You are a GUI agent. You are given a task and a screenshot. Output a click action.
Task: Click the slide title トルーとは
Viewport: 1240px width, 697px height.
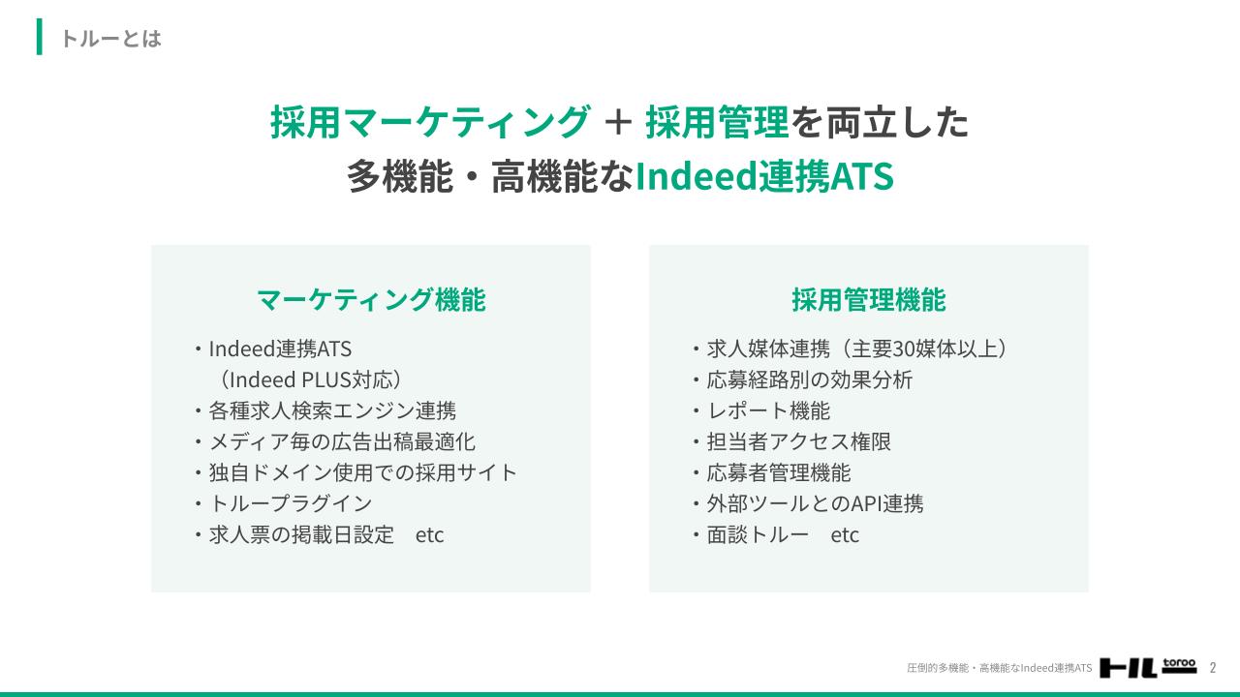click(x=111, y=38)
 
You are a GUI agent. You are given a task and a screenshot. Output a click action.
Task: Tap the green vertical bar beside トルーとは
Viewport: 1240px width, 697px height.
click(x=40, y=37)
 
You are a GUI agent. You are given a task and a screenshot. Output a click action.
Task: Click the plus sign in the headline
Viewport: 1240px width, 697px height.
click(x=618, y=122)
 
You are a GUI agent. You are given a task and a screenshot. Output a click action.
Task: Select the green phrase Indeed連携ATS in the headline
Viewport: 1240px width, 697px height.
click(x=764, y=176)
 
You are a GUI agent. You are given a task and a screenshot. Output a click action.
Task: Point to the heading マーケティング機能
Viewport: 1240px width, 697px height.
click(x=371, y=300)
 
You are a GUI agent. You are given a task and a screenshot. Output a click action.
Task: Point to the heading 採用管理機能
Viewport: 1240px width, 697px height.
click(x=869, y=300)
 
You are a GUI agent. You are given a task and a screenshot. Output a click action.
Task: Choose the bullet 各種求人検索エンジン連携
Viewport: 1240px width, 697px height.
click(x=332, y=411)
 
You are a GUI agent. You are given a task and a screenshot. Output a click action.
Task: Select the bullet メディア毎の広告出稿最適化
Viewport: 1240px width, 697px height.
click(x=342, y=442)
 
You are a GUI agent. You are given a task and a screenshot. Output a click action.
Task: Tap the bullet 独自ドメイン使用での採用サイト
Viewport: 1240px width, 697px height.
click(x=362, y=473)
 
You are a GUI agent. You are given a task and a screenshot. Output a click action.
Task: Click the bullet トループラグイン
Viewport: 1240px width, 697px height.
click(x=291, y=504)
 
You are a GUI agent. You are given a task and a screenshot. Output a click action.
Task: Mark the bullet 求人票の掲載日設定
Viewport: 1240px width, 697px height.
click(x=301, y=535)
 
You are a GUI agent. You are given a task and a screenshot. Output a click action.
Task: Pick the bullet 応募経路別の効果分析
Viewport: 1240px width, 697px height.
click(x=809, y=380)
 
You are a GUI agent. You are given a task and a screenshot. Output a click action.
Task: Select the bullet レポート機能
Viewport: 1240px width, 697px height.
click(x=768, y=411)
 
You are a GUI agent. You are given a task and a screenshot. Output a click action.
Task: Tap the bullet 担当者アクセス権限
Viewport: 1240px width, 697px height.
click(x=799, y=442)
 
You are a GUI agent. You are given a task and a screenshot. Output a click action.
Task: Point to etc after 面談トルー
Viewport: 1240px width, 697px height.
click(x=845, y=535)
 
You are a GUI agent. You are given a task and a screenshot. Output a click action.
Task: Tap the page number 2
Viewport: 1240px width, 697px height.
click(x=1213, y=668)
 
